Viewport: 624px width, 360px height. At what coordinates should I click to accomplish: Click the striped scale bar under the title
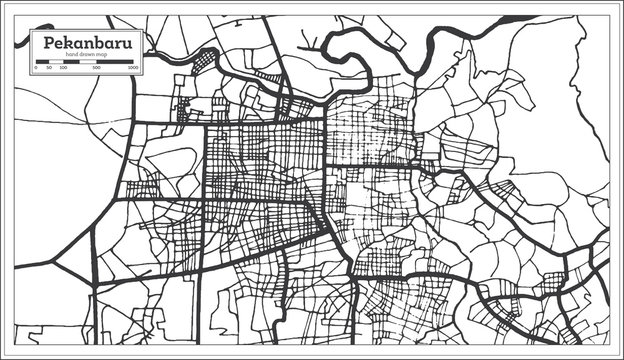coord(86,63)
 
